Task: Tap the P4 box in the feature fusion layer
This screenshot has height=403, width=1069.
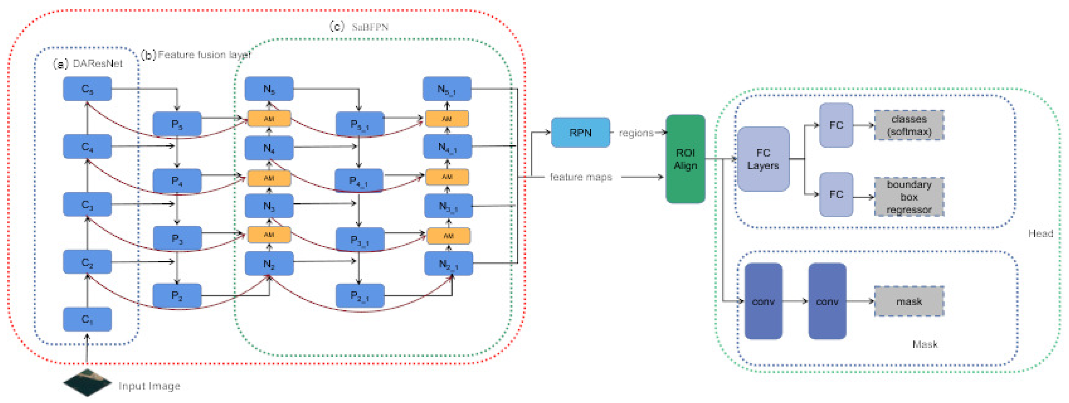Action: tap(177, 181)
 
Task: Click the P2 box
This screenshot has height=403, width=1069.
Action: tap(177, 295)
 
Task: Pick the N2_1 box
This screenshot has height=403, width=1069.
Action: tap(448, 264)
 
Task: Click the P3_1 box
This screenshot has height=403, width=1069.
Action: tap(360, 240)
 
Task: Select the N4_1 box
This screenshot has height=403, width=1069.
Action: tap(447, 147)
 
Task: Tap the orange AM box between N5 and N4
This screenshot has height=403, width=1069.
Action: tap(269, 119)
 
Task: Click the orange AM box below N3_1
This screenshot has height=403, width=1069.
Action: tap(449, 236)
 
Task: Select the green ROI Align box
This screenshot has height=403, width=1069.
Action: tap(685, 159)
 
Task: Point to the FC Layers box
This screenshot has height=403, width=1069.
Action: tap(763, 159)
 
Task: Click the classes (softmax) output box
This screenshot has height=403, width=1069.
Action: tap(909, 125)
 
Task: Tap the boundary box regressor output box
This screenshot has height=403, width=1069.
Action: tap(909, 197)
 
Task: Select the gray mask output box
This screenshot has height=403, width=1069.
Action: tap(909, 301)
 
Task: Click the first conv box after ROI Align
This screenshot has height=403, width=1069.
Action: tap(763, 301)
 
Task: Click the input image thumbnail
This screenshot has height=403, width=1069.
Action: tap(87, 383)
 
